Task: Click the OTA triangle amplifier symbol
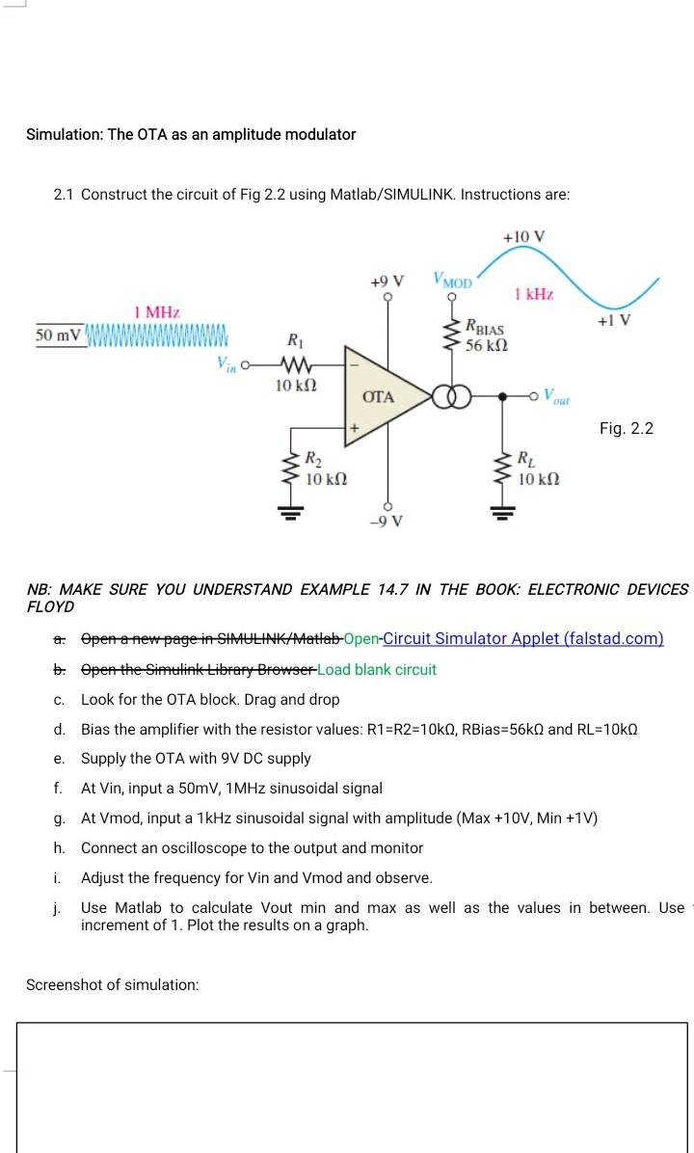tap(382, 396)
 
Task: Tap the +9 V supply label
tap(387, 281)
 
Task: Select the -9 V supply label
tap(387, 522)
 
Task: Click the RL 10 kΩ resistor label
tap(538, 469)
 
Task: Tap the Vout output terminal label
tap(557, 396)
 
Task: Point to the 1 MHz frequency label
tap(157, 311)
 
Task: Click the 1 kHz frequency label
tap(534, 294)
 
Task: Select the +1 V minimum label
tap(613, 321)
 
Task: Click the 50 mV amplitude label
tap(59, 335)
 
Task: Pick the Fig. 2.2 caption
tap(626, 428)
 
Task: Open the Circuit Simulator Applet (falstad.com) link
tap(522, 639)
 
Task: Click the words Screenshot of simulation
tap(112, 984)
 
